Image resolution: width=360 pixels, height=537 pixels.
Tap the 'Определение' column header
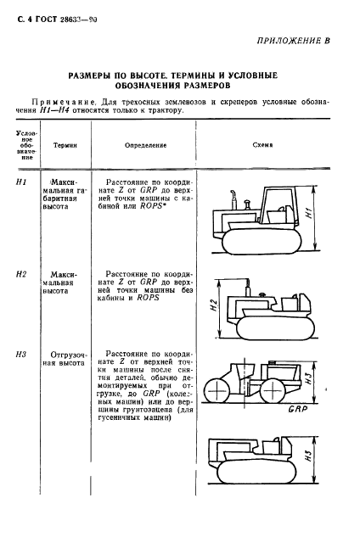pyautogui.click(x=140, y=145)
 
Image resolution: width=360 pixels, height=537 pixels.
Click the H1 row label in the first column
pyautogui.click(x=23, y=182)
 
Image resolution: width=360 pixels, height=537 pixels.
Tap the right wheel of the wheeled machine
pyautogui.click(x=287, y=392)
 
